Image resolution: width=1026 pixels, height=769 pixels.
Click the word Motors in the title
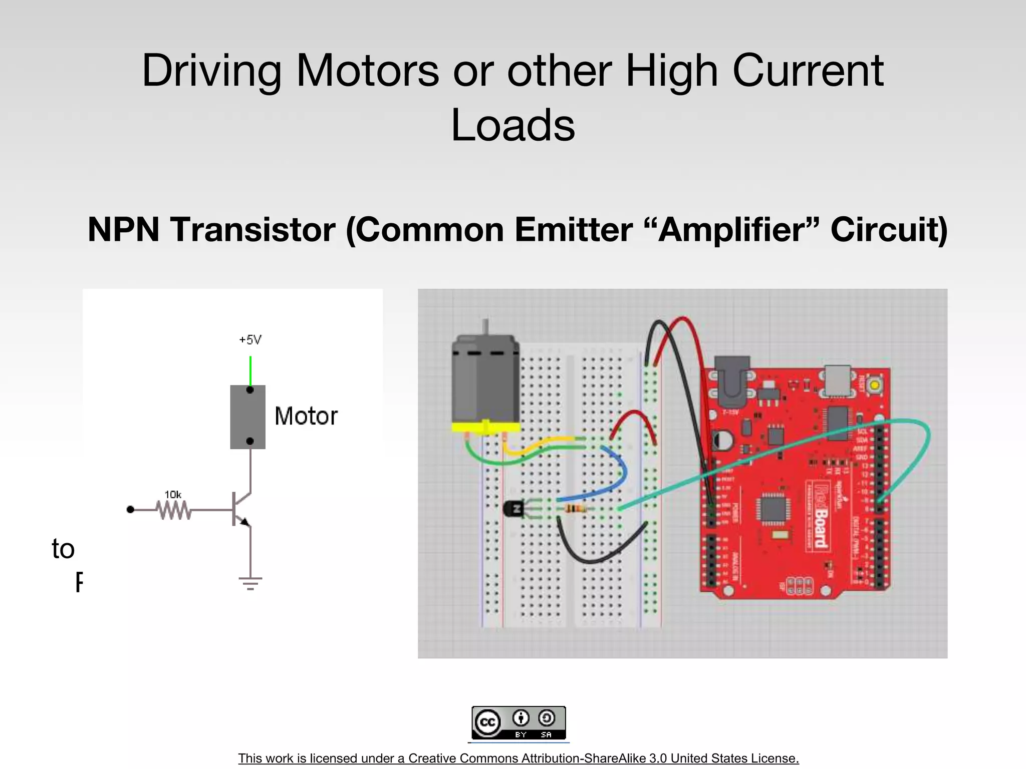coord(368,71)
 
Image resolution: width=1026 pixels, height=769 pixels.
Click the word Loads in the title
coord(513,125)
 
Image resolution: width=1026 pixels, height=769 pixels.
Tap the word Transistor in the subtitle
coord(252,230)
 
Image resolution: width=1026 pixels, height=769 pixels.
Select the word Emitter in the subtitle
coord(573,230)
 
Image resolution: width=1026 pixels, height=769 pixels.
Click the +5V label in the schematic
coord(250,340)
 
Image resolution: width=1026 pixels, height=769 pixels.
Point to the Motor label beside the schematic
coord(306,416)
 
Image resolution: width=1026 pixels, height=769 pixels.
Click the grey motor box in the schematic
coord(247,417)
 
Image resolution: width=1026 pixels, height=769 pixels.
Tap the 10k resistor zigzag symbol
coord(173,510)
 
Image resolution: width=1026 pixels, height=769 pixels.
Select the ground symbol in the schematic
coord(250,583)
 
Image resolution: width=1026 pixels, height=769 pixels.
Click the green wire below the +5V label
coord(250,370)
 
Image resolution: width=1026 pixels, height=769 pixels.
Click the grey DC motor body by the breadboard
coord(485,380)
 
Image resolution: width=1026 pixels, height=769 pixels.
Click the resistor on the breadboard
coord(575,509)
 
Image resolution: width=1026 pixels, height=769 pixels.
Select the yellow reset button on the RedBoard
coord(874,385)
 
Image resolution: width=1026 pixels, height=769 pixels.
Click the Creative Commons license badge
coord(519,722)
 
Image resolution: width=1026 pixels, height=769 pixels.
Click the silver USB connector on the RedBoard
coord(838,380)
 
